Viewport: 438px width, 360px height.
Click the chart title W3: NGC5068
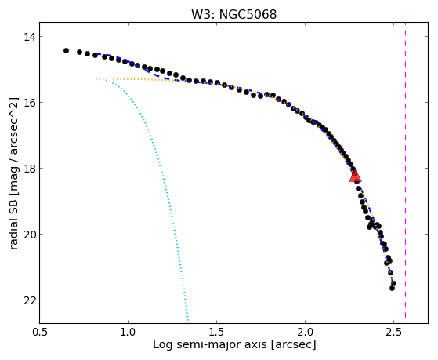[233, 14]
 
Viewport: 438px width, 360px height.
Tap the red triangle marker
[355, 176]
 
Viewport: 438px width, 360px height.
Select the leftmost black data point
[66, 51]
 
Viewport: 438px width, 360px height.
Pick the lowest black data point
[393, 288]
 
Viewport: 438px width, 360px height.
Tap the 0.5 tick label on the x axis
[39, 332]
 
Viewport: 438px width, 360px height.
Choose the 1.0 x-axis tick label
[128, 332]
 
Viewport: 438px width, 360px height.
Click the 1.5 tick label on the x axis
[216, 332]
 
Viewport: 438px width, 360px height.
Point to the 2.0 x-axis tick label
[305, 332]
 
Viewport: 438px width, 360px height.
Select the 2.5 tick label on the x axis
[393, 332]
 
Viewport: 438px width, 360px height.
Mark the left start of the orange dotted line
[96, 78]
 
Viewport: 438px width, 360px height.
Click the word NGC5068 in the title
[248, 14]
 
